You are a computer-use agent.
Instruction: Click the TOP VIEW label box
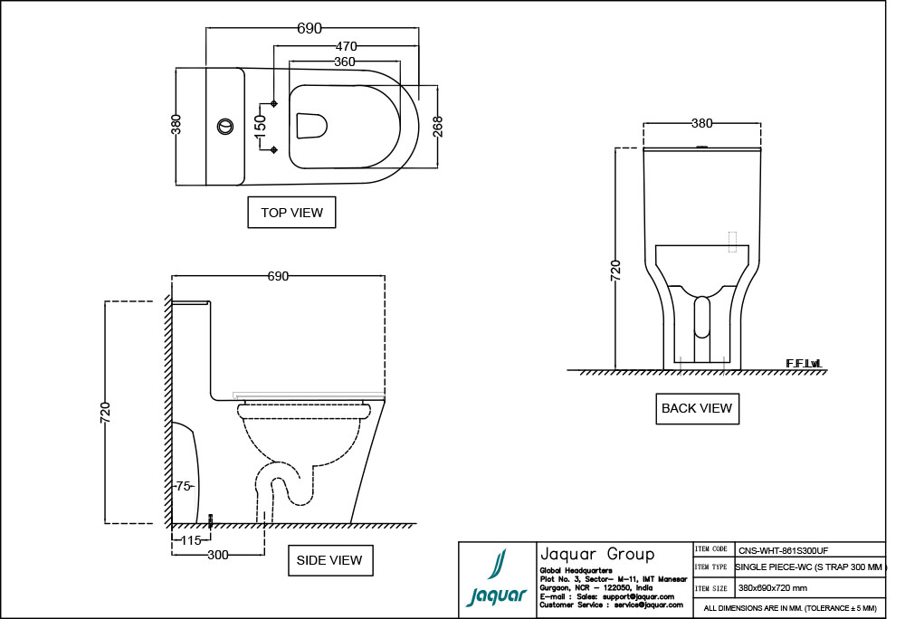tap(291, 213)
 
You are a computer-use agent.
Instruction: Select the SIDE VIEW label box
tap(330, 560)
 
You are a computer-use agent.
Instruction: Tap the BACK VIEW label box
tap(697, 408)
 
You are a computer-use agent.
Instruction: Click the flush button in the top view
tap(225, 126)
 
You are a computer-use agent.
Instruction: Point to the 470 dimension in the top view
tap(347, 46)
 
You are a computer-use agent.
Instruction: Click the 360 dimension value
tap(345, 62)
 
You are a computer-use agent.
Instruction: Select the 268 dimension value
tap(438, 127)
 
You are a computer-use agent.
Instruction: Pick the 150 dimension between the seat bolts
tap(261, 127)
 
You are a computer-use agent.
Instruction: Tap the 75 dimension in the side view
tap(184, 486)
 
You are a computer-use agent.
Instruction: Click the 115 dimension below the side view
tap(191, 540)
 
